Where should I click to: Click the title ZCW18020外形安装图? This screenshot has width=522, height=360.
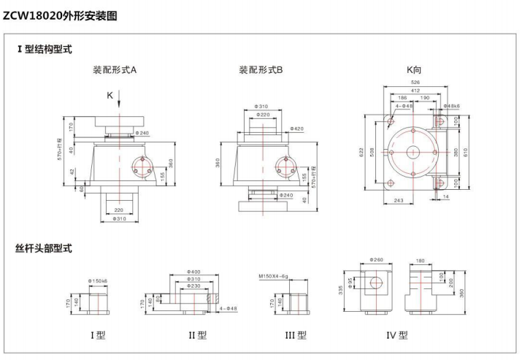point(60,15)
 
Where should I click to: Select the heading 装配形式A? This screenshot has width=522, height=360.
point(115,70)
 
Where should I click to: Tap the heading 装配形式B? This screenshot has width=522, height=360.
point(261,70)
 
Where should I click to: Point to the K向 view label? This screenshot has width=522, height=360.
point(414,70)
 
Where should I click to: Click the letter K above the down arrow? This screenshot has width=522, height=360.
point(110,95)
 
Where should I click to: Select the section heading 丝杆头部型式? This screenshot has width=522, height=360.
point(44,248)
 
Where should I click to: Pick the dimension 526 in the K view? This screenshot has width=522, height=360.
point(414,83)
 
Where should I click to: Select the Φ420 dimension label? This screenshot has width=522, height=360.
point(296,129)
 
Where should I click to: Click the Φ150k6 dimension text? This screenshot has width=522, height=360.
point(99,280)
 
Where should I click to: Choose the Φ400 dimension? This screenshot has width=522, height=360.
point(194,272)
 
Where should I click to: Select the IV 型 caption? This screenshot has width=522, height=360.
point(397,335)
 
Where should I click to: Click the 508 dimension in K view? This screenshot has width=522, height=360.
point(372,153)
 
